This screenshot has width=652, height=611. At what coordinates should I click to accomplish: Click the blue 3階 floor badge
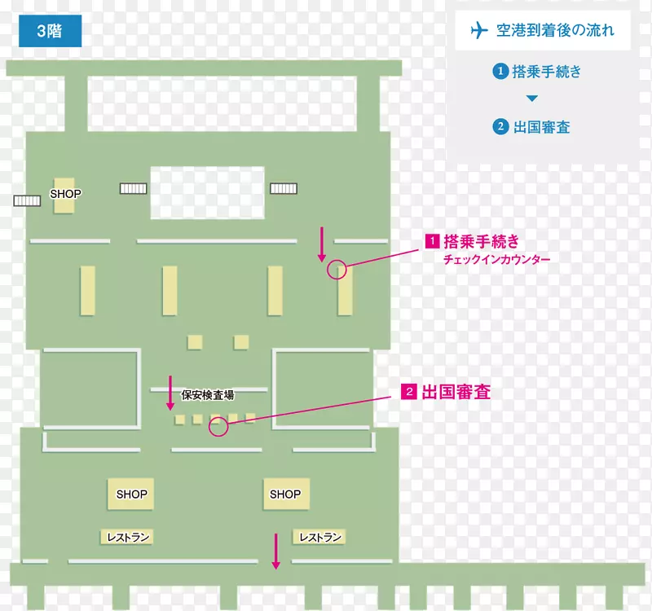pyautogui.click(x=50, y=33)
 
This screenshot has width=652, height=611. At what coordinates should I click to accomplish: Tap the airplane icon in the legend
pyautogui.click(x=478, y=32)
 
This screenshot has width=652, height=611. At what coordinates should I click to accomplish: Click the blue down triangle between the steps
pyautogui.click(x=531, y=99)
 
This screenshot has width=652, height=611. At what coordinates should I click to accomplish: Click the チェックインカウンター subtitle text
pyautogui.click(x=496, y=260)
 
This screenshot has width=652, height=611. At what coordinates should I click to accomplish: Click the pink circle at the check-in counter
pyautogui.click(x=337, y=270)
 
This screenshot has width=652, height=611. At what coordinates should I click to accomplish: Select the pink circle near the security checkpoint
pyautogui.click(x=218, y=427)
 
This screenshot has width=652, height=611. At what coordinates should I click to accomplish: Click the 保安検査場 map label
pyautogui.click(x=208, y=395)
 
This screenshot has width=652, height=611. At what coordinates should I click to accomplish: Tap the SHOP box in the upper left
pyautogui.click(x=64, y=196)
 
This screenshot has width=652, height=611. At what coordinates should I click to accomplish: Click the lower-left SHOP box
pyautogui.click(x=131, y=494)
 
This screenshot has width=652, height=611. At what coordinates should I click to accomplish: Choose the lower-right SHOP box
pyautogui.click(x=285, y=494)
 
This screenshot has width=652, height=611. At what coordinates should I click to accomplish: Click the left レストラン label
pyautogui.click(x=128, y=537)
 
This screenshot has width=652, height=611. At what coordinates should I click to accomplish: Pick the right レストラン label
pyautogui.click(x=319, y=537)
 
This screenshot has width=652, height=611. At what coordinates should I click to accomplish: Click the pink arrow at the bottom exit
pyautogui.click(x=276, y=551)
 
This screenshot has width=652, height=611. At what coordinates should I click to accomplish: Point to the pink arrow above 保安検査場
pyautogui.click(x=170, y=392)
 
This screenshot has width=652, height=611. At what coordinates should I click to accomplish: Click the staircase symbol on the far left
pyautogui.click(x=27, y=200)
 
